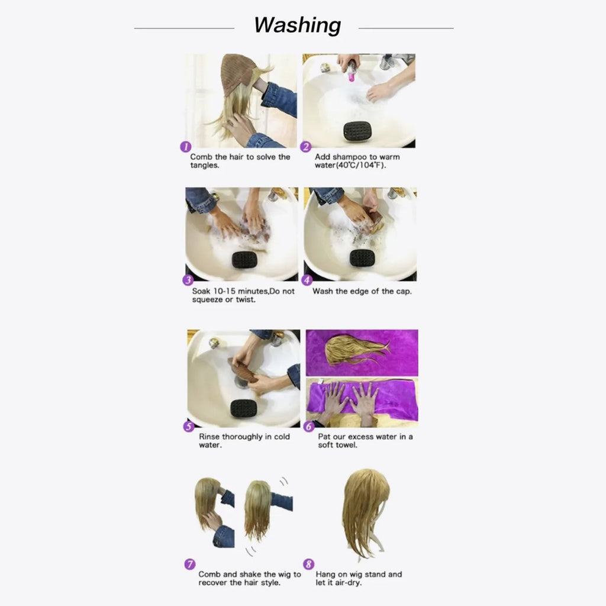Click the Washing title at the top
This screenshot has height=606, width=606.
tap(297, 25)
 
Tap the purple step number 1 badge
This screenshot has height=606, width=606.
tap(185, 147)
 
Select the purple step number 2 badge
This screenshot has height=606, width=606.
tap(306, 147)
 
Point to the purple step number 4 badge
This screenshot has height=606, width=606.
tap(307, 281)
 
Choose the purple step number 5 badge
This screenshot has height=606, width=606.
tap(189, 426)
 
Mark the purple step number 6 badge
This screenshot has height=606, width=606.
tap(308, 426)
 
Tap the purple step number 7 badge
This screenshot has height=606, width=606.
tap(190, 564)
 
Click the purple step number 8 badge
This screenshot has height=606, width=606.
tap(308, 564)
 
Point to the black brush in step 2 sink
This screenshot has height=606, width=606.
tap(357, 130)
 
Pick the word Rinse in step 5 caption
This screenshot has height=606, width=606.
tap(209, 437)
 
